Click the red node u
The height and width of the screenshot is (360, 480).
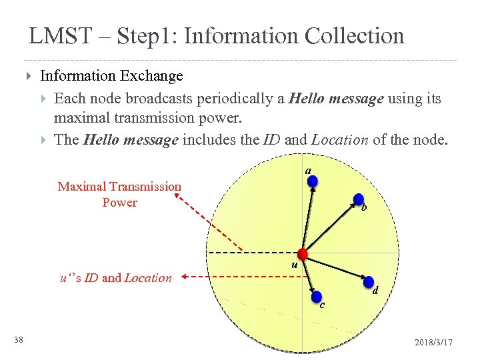(x=303, y=253)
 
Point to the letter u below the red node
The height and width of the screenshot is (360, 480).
(x=293, y=267)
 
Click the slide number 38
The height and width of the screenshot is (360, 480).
(x=19, y=341)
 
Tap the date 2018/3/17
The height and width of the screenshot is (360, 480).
(x=433, y=342)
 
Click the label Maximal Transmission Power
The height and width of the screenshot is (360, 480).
(x=119, y=194)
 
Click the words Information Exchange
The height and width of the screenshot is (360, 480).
(x=111, y=77)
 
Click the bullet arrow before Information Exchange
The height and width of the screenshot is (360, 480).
(x=28, y=77)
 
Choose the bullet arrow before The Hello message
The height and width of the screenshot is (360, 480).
(x=43, y=140)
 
